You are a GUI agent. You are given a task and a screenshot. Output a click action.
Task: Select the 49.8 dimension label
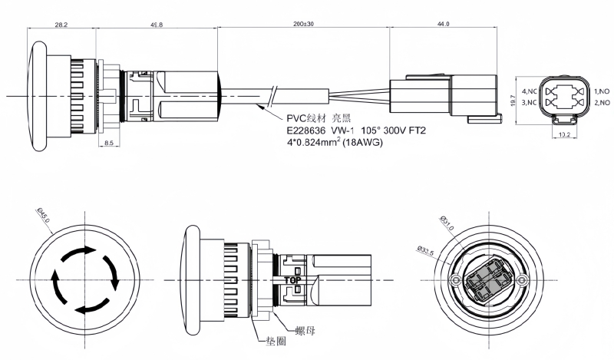coord(157,25)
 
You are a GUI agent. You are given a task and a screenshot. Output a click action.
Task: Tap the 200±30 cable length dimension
coord(303,25)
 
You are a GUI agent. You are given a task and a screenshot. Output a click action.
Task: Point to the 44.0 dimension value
coord(443,25)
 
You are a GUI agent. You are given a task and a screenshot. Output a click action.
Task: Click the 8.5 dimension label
coord(109,143)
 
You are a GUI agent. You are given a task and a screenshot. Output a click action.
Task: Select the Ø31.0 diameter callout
coord(447,223)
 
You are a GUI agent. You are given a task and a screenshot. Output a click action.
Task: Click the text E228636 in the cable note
coord(305,130)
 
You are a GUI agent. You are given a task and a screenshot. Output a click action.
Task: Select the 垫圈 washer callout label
coord(275,342)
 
